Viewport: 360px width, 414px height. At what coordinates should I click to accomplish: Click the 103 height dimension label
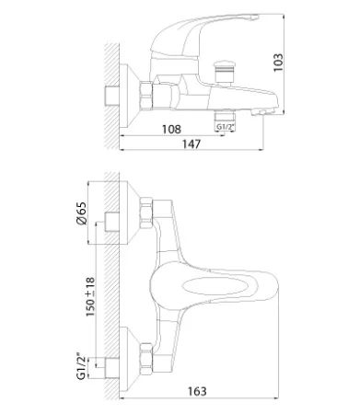pos(278,63)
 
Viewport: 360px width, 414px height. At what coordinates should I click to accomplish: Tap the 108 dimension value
pos(171,129)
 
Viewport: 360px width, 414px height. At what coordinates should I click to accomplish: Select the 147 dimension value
pos(192,144)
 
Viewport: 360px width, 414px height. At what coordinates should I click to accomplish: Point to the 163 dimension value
pos(197,391)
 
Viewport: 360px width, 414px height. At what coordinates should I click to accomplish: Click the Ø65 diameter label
pos(81,213)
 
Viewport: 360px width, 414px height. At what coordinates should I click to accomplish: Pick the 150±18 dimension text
pos(90,297)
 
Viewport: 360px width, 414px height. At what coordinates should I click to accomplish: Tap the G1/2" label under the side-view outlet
pos(225,127)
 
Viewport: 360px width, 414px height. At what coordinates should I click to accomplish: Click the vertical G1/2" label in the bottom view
pos(81,367)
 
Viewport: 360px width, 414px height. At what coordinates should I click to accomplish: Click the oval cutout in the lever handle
pos(215,287)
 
